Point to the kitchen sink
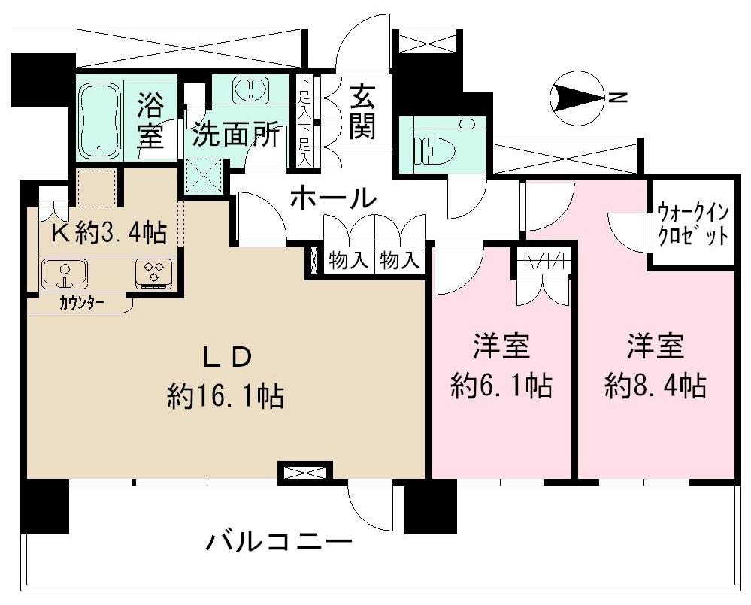pyautogui.click(x=64, y=273)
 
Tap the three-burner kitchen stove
pyautogui.click(x=155, y=272)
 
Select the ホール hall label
pyautogui.click(x=332, y=198)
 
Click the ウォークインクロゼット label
pyautogui.click(x=692, y=223)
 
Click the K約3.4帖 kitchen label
pyautogui.click(x=108, y=234)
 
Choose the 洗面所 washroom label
pyautogui.click(x=235, y=135)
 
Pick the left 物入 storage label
pyautogui.click(x=348, y=262)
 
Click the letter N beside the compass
pyautogui.click(x=617, y=98)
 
